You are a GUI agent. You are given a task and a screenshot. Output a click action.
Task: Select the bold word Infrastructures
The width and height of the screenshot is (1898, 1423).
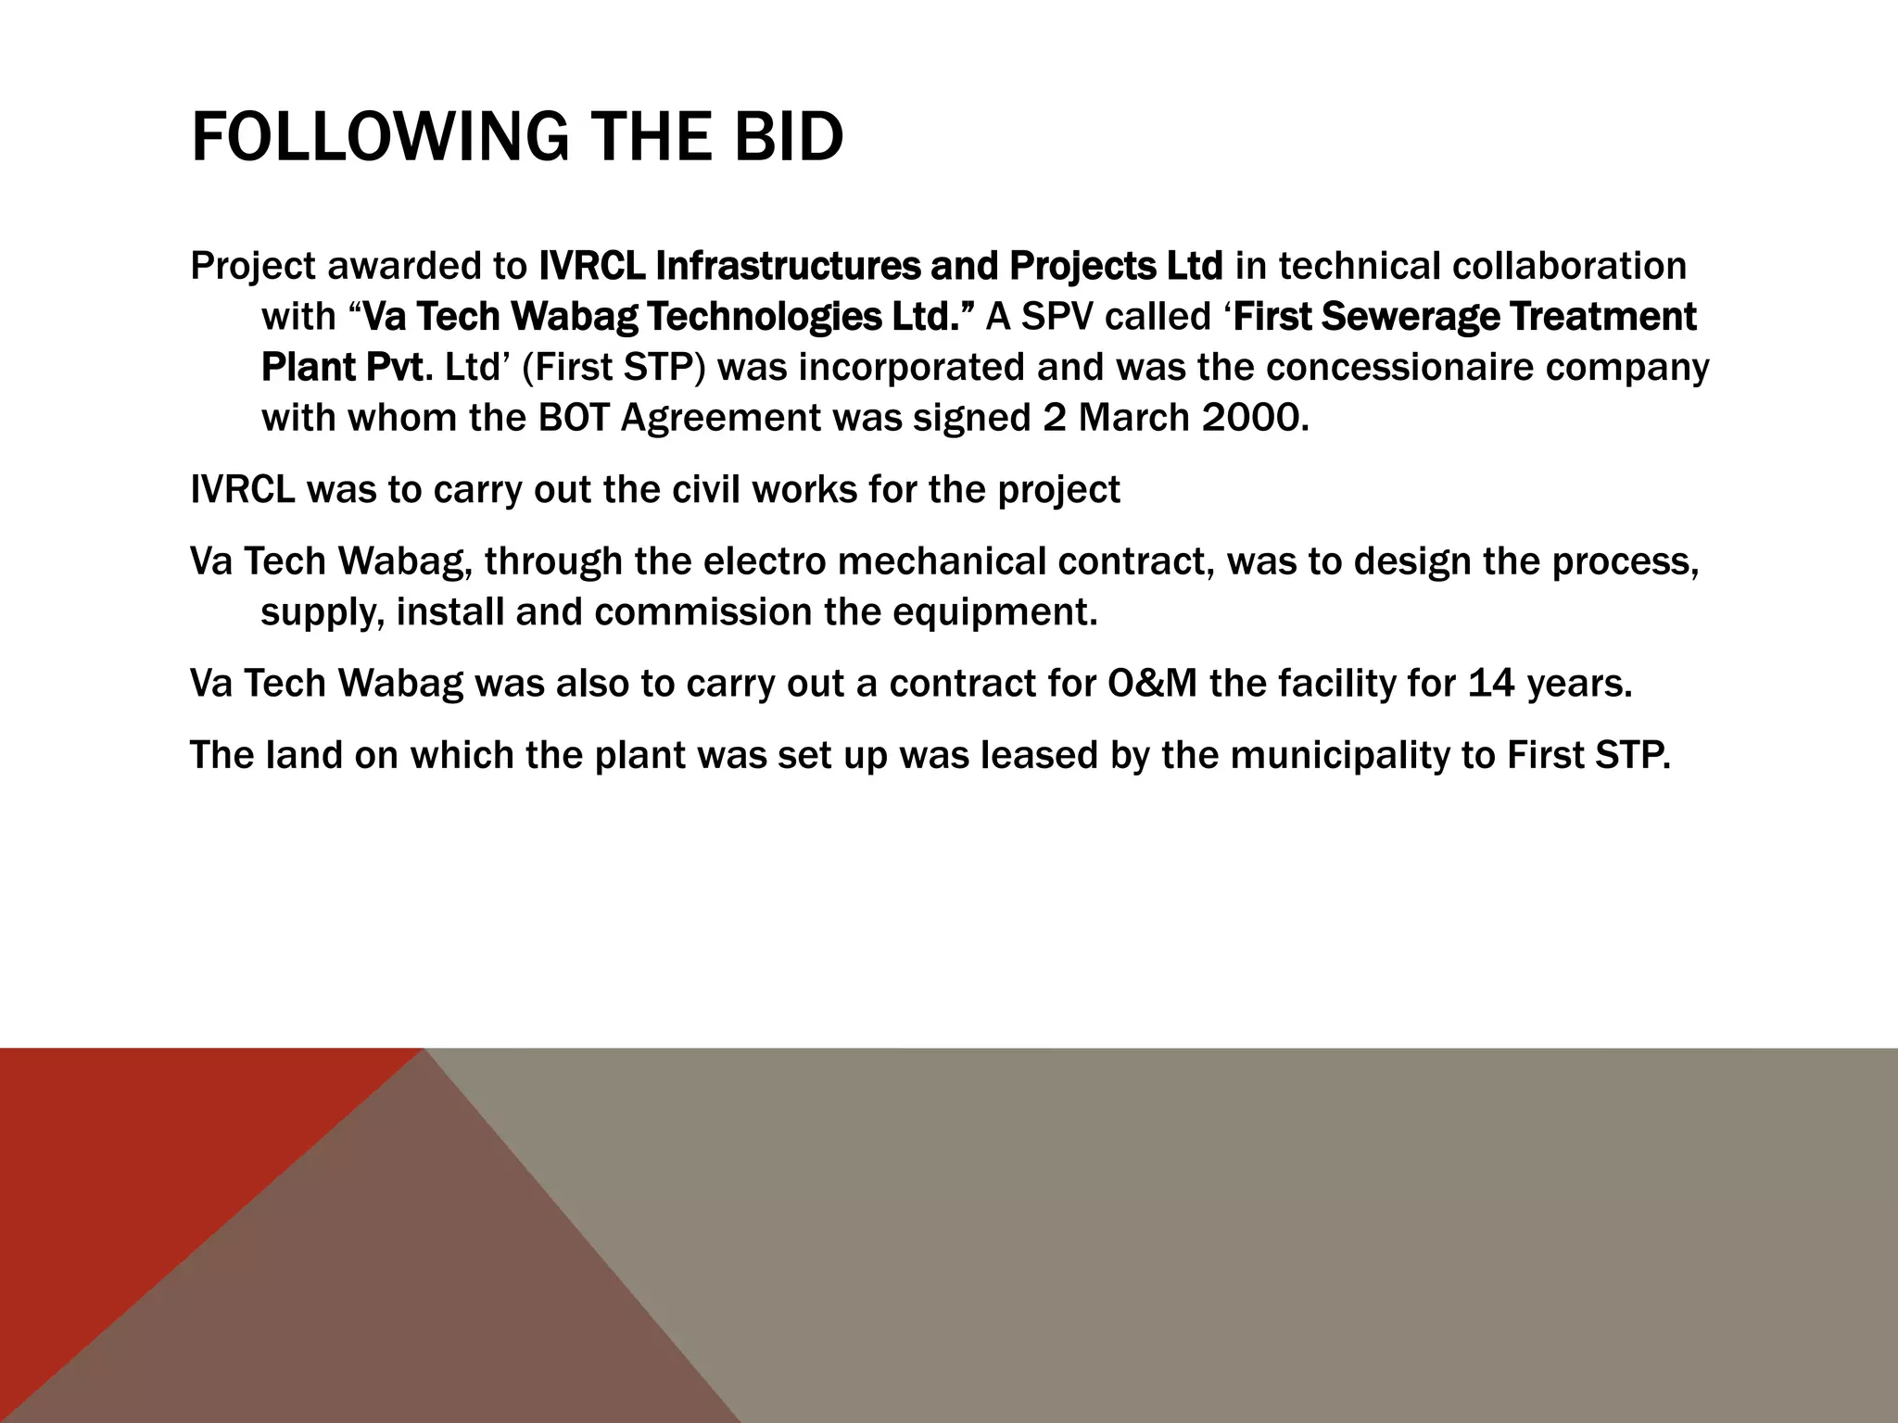tap(787, 267)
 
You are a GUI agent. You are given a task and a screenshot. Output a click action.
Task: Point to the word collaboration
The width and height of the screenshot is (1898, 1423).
tap(1569, 267)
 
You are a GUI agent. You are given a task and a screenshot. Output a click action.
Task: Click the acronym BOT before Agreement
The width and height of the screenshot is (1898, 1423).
tap(574, 419)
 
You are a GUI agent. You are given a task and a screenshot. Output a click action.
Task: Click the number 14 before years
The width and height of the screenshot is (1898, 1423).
tap(1491, 684)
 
